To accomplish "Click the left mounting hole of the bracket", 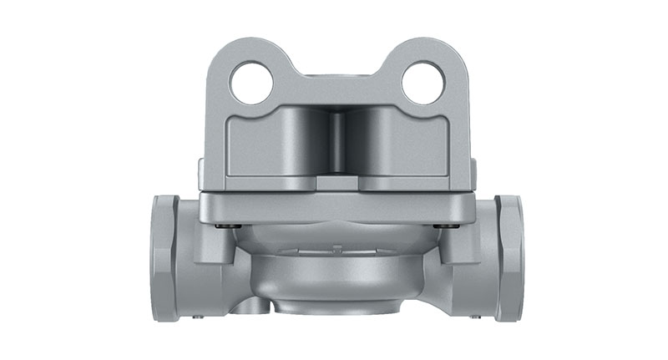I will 252,83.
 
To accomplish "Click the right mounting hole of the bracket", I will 422,83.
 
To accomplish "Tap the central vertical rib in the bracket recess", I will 337,142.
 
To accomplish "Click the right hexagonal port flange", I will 509,256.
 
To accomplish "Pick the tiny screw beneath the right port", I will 475,317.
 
